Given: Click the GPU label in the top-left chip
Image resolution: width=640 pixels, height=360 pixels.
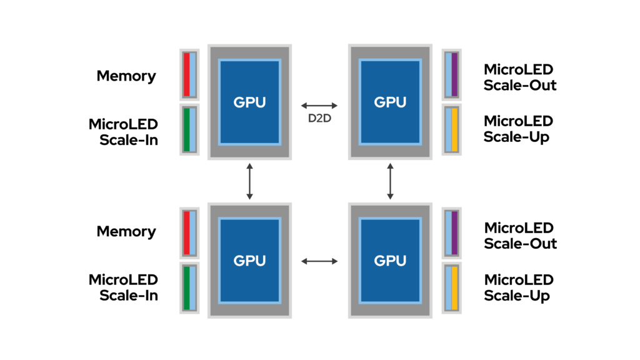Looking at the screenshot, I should click(249, 102).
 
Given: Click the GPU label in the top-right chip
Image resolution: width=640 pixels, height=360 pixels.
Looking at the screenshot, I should click(390, 102).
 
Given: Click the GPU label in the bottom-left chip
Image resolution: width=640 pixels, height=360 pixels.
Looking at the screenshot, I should click(249, 261).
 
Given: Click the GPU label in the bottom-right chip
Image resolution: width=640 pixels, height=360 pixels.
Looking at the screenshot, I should click(390, 261).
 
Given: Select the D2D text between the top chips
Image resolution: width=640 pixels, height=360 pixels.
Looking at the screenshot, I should click(319, 118).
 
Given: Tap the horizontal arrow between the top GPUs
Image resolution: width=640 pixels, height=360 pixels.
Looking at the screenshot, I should click(319, 106).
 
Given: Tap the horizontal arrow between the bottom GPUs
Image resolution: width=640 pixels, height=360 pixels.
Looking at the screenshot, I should click(319, 261).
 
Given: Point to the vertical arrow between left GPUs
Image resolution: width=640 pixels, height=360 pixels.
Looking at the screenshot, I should click(249, 181).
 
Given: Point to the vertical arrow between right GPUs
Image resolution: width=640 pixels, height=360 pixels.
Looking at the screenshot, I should click(390, 181).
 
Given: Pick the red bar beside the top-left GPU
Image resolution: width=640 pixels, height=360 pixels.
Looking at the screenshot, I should click(186, 74).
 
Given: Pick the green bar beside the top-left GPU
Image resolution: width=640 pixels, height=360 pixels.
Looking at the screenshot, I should click(186, 129).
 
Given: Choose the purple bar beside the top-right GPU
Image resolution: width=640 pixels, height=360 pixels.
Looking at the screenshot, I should click(455, 74).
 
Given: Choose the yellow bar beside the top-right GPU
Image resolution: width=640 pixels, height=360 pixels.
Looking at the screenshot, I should click(455, 129).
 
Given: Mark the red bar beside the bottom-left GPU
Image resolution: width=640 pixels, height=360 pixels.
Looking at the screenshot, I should click(186, 232).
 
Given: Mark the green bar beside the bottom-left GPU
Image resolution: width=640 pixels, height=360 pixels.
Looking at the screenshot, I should click(186, 287).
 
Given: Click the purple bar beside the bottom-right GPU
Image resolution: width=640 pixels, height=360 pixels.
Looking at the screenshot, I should click(455, 232).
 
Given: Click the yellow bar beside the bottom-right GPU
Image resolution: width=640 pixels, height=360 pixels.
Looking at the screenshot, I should click(455, 287).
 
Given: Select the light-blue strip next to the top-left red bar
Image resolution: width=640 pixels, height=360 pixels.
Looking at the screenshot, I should click(192, 74).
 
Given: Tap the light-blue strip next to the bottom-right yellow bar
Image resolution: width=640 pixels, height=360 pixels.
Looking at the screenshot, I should click(448, 287).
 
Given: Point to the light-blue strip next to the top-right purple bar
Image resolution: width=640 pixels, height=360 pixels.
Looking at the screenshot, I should click(448, 74).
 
